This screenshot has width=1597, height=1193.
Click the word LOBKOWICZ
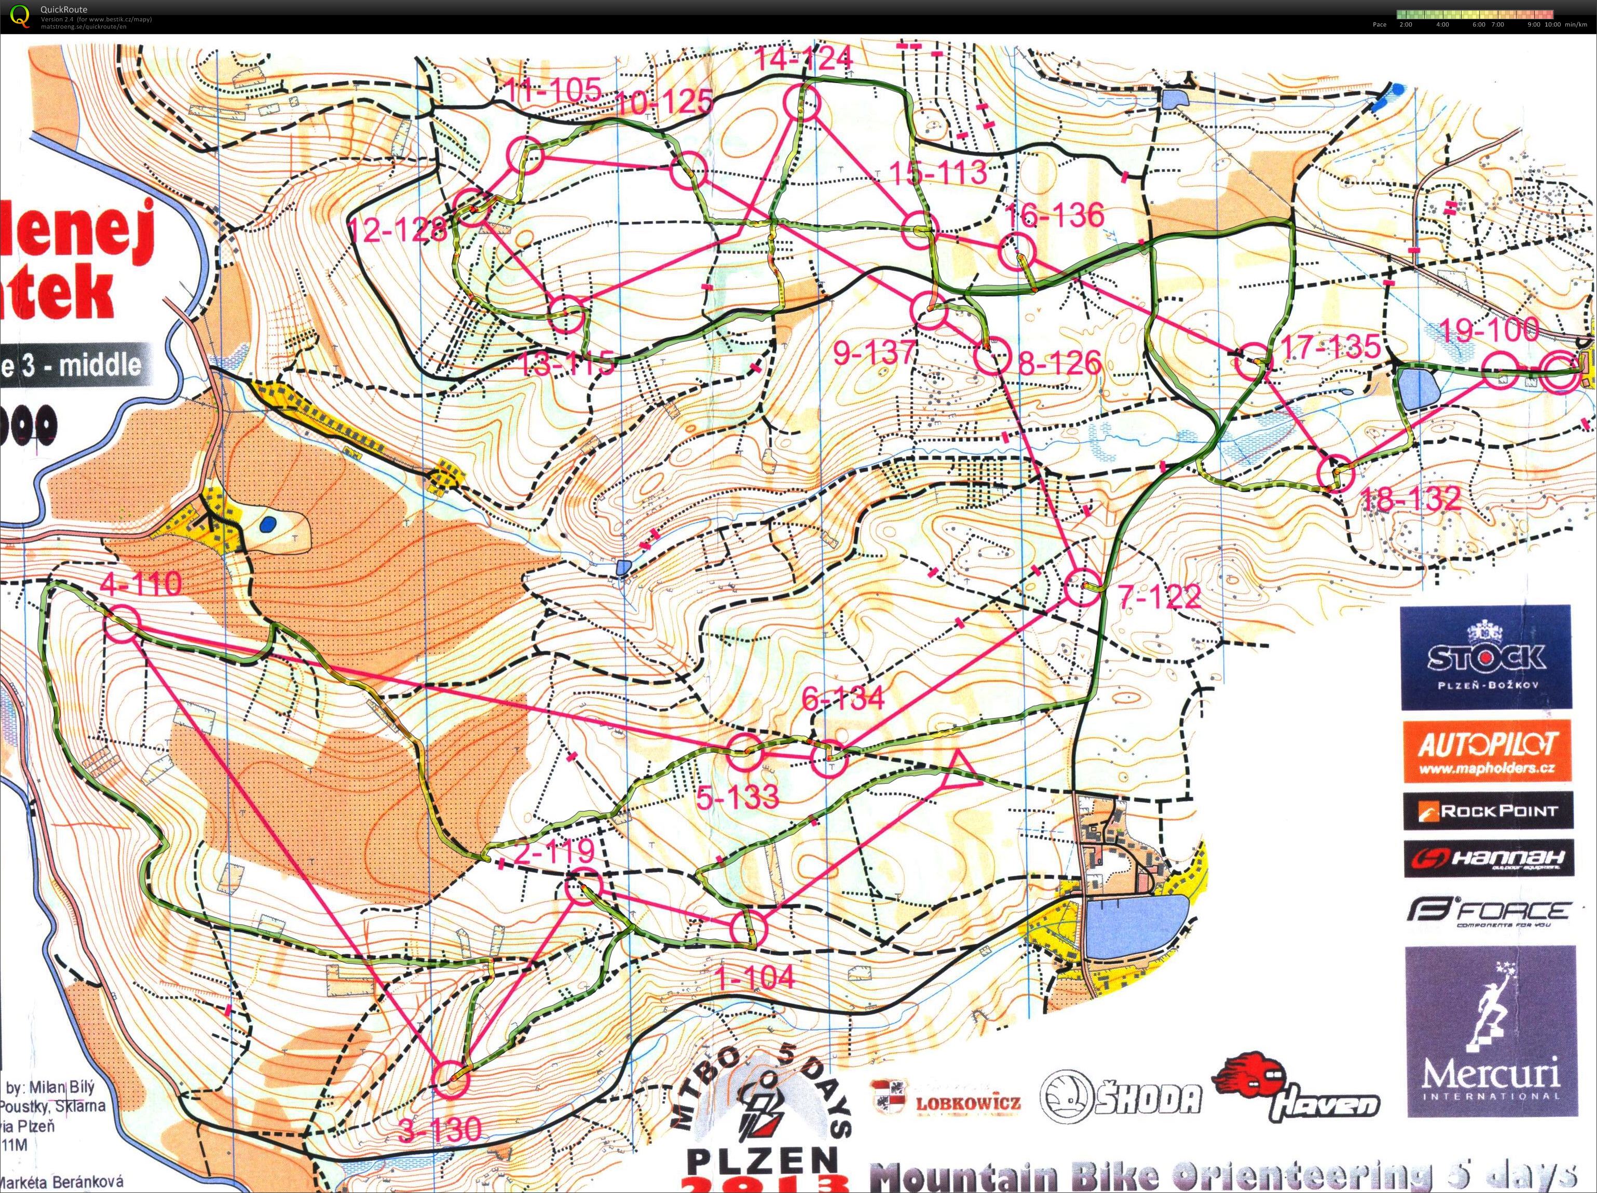click(967, 1104)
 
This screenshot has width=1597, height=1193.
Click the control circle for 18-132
click(1335, 474)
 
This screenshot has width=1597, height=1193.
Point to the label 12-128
click(398, 229)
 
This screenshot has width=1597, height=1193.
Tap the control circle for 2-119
click(582, 888)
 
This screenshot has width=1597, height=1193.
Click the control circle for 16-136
click(1017, 252)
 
